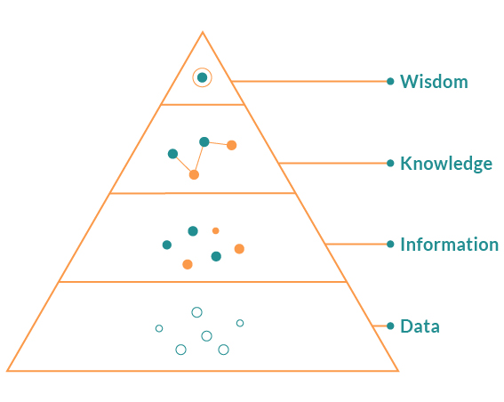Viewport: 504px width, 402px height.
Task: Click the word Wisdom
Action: tap(434, 81)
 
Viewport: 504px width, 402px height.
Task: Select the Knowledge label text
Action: tap(446, 164)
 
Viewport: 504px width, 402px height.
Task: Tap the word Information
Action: tap(450, 245)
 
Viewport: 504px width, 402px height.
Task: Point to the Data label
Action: tap(420, 326)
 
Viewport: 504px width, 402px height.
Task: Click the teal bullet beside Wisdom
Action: tap(390, 81)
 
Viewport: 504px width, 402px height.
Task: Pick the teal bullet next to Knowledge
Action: tap(390, 164)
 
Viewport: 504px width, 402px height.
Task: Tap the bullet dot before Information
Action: tap(390, 244)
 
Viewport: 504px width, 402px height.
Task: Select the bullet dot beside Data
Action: tap(390, 326)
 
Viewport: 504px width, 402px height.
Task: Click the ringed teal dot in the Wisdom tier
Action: tap(202, 77)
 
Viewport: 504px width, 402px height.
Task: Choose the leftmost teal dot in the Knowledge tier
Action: tap(173, 154)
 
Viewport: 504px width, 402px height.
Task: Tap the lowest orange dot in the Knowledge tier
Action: tap(194, 174)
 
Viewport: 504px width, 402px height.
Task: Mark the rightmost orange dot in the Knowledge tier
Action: tap(231, 145)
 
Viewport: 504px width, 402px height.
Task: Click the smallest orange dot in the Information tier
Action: tap(216, 230)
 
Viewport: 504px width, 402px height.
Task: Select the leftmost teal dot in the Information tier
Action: tap(167, 245)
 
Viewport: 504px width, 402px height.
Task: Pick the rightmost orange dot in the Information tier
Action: tap(239, 249)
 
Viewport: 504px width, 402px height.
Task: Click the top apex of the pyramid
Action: tap(203, 31)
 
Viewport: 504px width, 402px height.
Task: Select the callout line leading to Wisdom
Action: tap(309, 81)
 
